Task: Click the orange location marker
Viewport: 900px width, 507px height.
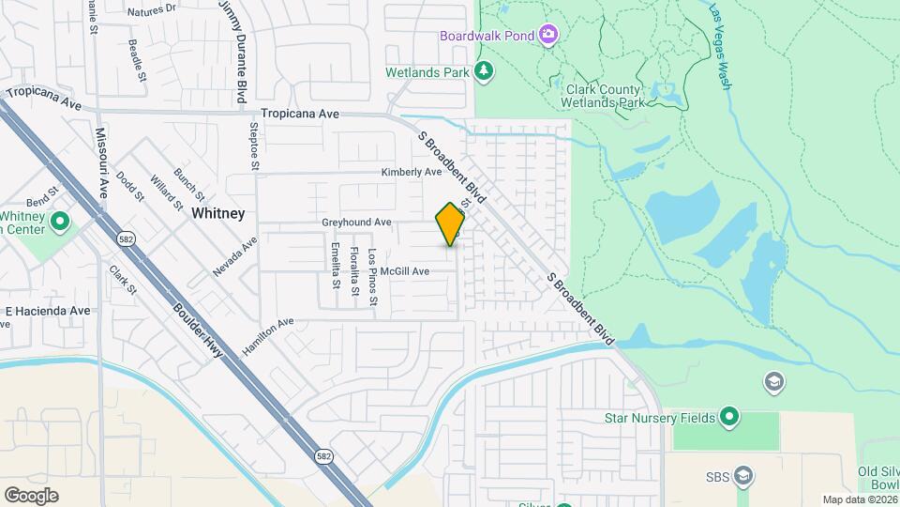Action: pyautogui.click(x=450, y=224)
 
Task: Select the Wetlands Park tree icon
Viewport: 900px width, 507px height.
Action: pyautogui.click(x=484, y=71)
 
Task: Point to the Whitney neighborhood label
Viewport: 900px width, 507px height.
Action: pyautogui.click(x=217, y=213)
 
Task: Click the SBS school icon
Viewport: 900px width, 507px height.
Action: pyautogui.click(x=743, y=475)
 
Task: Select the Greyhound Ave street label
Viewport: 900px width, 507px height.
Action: pyautogui.click(x=356, y=223)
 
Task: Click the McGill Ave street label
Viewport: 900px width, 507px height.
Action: pyautogui.click(x=404, y=271)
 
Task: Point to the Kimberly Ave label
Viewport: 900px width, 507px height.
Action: pyautogui.click(x=411, y=173)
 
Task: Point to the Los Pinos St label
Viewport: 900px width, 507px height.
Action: pyautogui.click(x=372, y=277)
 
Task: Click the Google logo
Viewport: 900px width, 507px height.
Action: pyautogui.click(x=31, y=496)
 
